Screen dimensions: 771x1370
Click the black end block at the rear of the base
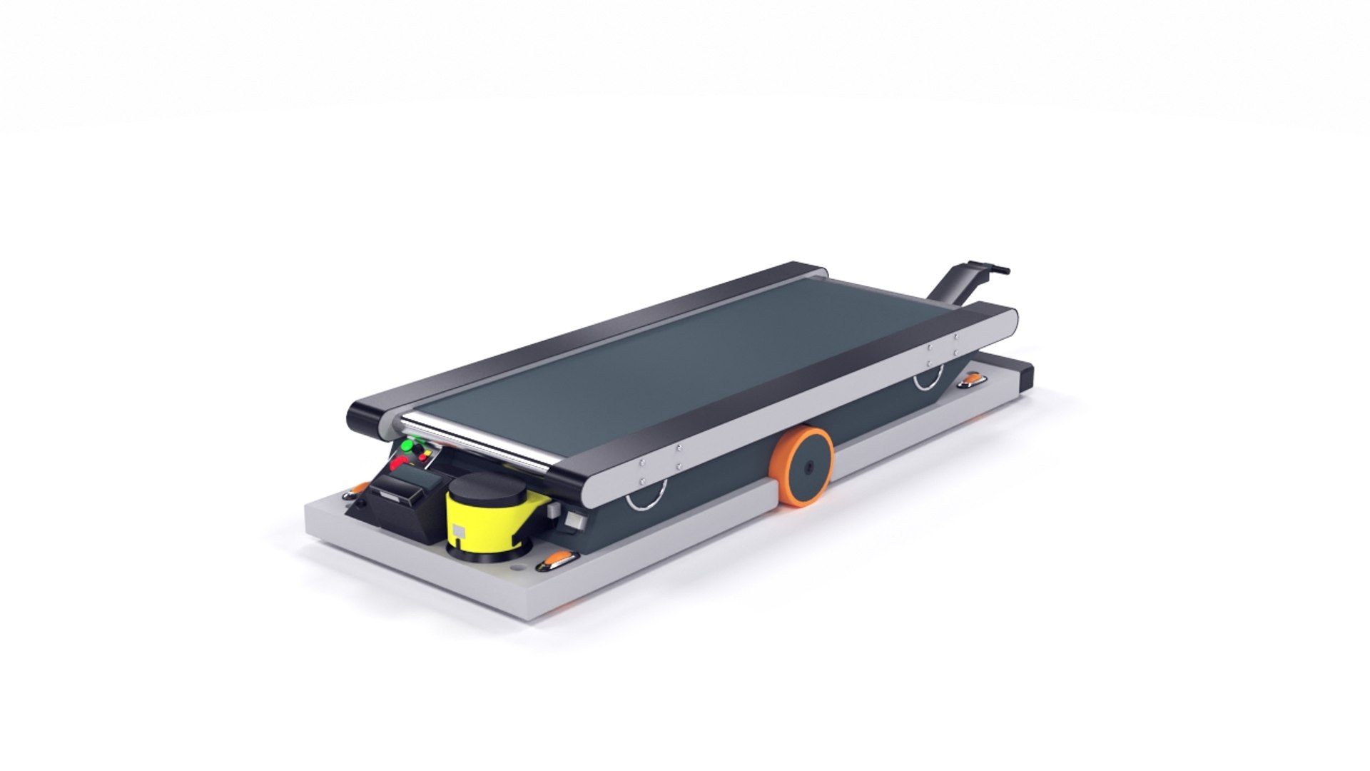pyautogui.click(x=1026, y=376)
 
